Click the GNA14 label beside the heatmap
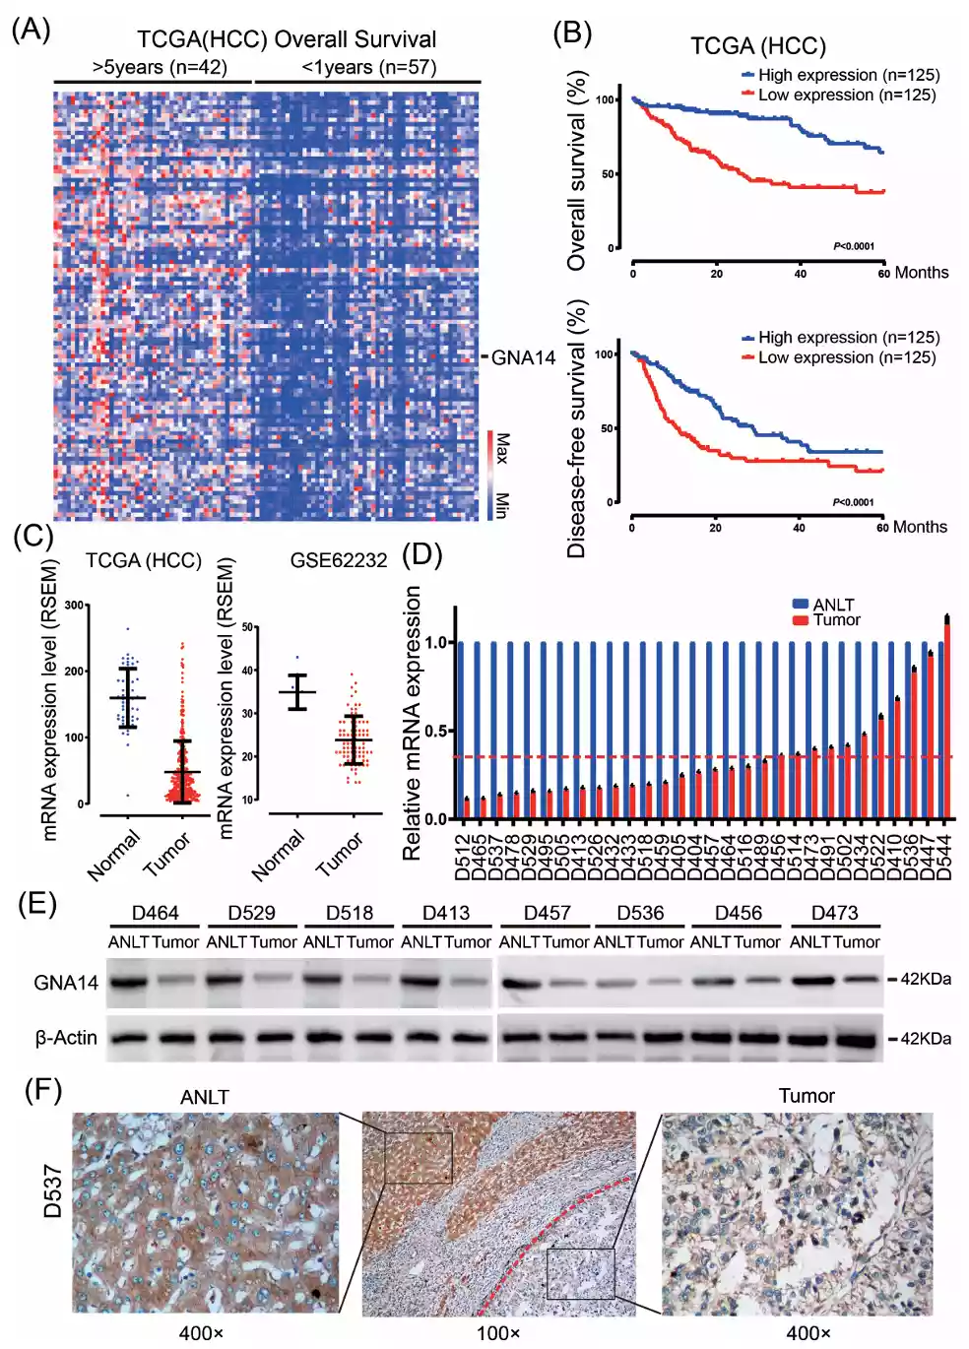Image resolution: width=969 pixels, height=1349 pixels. pos(523,357)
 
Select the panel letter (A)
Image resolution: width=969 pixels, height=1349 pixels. pos(31,30)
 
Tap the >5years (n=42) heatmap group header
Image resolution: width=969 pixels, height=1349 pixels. pos(160,68)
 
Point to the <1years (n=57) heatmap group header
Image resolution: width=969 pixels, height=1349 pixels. pos(368,68)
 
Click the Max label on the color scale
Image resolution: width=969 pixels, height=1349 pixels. pos(502,448)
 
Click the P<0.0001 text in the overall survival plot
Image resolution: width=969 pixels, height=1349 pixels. pos(854,246)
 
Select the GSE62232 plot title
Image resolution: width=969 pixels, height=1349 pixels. pos(338,560)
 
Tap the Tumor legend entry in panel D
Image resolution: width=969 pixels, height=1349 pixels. pos(835,620)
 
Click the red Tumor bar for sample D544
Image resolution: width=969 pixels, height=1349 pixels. pos(947,719)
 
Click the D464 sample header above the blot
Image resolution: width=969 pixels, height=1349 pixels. pos(155,913)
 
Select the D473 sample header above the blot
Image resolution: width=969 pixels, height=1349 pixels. pos(834,913)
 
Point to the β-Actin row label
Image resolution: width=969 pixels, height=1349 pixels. pos(66,1038)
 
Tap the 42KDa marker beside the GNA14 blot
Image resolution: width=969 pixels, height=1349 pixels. pos(925,979)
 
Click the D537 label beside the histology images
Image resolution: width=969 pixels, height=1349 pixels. pos(53,1191)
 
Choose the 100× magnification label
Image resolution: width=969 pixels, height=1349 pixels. pos(498,1333)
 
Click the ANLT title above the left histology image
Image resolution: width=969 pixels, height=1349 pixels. pos(205,1097)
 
